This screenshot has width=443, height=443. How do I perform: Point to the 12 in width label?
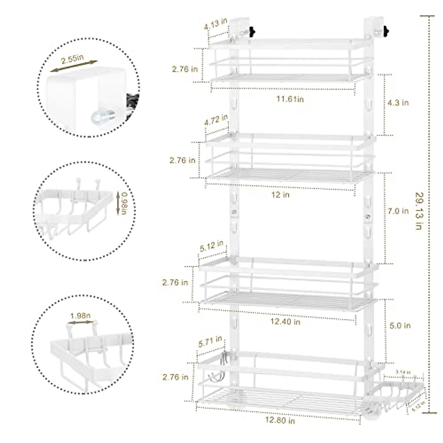281,195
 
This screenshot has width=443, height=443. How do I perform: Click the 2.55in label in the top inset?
72,59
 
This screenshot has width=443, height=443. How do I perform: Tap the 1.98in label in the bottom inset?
80,316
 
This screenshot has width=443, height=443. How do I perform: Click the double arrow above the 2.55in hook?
74,66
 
